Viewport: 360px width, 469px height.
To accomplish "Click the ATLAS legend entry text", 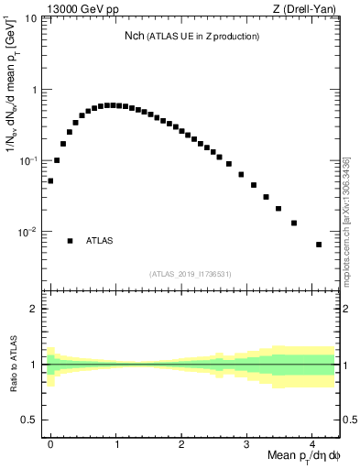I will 99,241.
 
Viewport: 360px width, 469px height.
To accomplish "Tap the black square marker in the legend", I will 70,241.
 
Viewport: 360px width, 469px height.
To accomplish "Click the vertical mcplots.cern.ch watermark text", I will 346,220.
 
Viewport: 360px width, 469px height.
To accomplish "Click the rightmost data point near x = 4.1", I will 319,245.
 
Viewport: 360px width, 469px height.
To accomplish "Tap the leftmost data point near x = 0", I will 50,181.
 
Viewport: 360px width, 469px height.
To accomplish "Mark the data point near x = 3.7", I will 293,223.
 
